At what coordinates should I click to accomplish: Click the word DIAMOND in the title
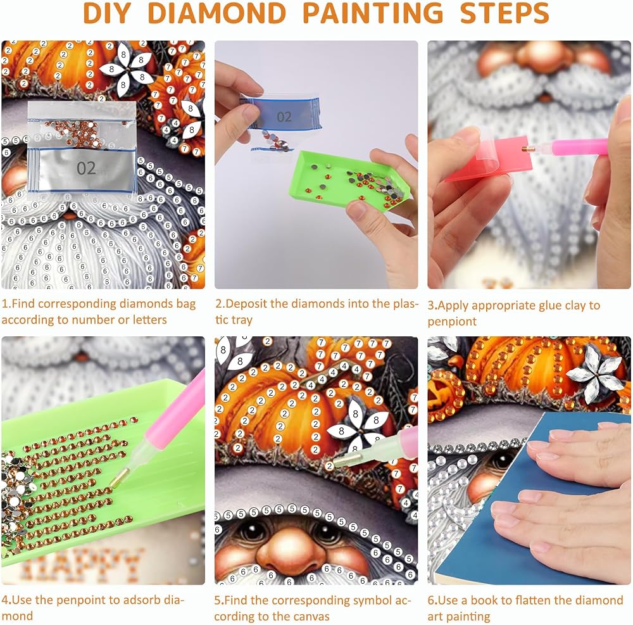(x=217, y=13)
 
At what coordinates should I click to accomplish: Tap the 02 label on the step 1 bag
(x=86, y=168)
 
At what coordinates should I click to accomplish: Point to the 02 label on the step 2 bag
(x=284, y=117)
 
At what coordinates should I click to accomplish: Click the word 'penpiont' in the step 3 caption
(x=452, y=322)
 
